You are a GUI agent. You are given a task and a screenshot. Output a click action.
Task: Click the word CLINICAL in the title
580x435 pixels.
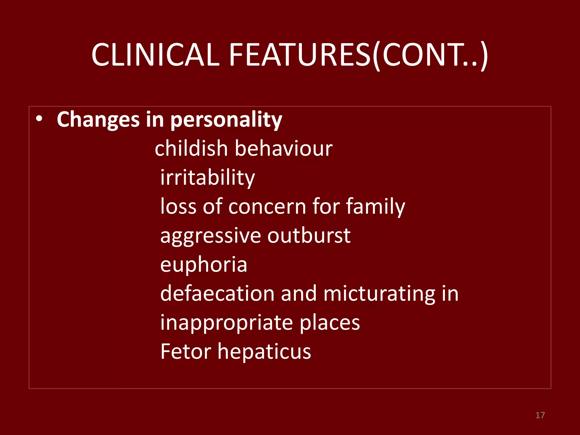[155, 55]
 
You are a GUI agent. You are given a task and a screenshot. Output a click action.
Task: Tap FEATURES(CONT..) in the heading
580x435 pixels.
[358, 55]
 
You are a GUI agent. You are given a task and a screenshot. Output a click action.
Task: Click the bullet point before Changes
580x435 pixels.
[39, 119]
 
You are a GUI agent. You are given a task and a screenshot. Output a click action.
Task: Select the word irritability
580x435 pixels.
[208, 178]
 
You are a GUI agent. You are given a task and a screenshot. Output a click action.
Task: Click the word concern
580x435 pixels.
[267, 206]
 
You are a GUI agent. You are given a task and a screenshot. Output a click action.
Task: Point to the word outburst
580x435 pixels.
[309, 235]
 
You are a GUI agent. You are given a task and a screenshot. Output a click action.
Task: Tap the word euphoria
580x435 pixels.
[204, 265]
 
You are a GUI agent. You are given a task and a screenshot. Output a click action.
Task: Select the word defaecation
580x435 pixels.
[217, 293]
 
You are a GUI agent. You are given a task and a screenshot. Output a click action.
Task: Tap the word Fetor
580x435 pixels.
[186, 351]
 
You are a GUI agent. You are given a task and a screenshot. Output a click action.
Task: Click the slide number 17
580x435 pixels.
[540, 415]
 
